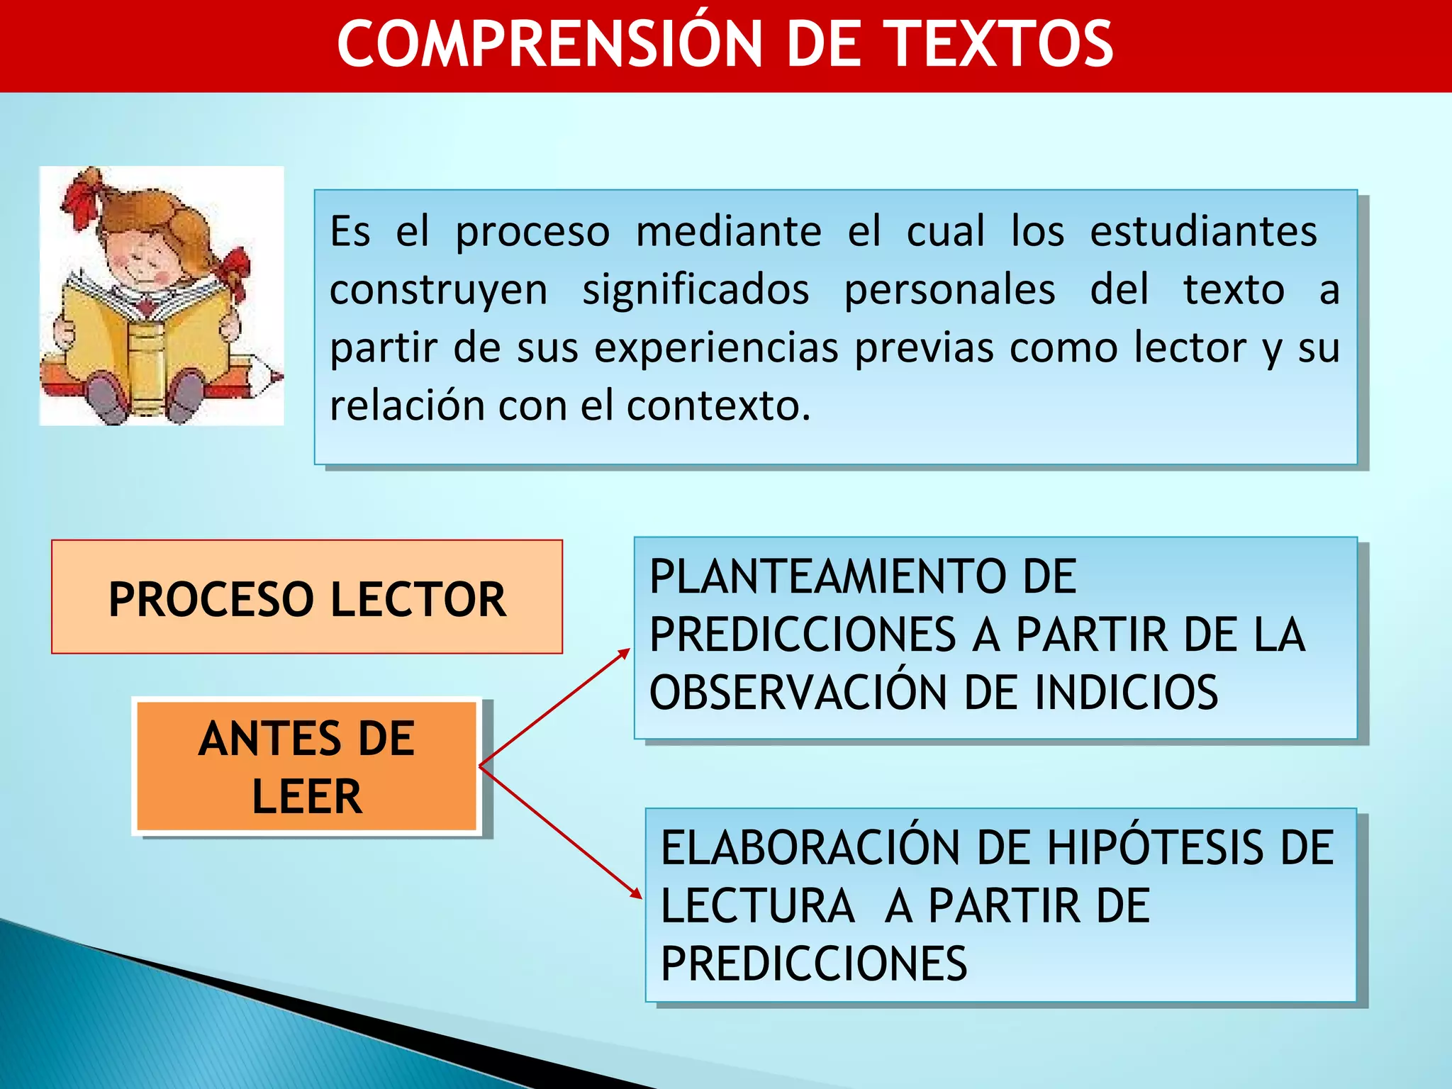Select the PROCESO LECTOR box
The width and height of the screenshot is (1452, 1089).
pyautogui.click(x=307, y=597)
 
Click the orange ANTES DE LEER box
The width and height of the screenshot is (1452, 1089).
pyautogui.click(x=307, y=766)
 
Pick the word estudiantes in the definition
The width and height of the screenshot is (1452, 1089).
pyautogui.click(x=1203, y=231)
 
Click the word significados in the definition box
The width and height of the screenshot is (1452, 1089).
pyautogui.click(x=696, y=289)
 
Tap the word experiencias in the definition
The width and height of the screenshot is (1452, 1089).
pyautogui.click(x=716, y=347)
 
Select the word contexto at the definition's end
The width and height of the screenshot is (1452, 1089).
pyautogui.click(x=717, y=406)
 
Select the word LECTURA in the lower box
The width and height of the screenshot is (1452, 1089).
pyautogui.click(x=757, y=905)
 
